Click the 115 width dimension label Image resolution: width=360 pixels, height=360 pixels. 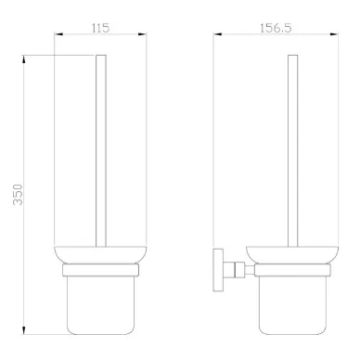[100, 28]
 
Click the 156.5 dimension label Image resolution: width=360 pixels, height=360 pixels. [276, 28]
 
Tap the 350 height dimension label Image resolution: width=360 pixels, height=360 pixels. [18, 195]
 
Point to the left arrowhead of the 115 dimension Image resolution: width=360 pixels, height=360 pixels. [58, 34]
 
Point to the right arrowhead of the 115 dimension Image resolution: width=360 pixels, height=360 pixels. [142, 34]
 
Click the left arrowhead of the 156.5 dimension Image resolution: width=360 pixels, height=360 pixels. [218, 34]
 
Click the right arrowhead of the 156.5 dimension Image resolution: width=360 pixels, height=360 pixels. [334, 34]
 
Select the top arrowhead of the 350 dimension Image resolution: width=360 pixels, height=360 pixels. [24, 59]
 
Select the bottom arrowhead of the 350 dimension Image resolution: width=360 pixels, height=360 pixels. [24, 329]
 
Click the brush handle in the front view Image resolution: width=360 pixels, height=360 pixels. [101, 151]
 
